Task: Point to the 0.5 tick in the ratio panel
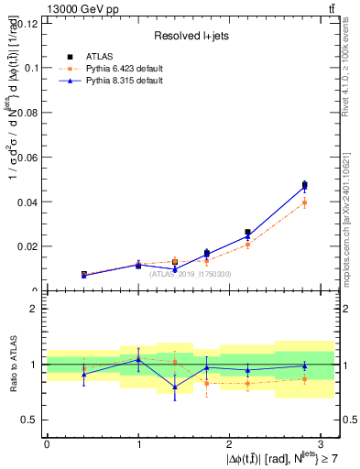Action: tap(33, 420)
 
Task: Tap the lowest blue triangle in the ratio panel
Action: tap(175, 387)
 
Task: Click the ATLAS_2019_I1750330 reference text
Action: tap(191, 274)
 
